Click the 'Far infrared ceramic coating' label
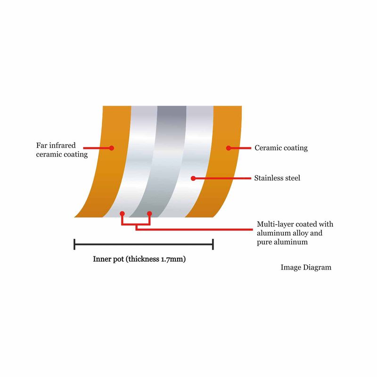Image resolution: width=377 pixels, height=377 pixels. click(x=62, y=150)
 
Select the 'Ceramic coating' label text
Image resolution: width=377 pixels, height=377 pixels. click(x=281, y=148)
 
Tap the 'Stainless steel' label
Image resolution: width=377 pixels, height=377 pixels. click(x=277, y=178)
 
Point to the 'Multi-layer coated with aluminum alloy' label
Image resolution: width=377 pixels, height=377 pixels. click(x=295, y=229)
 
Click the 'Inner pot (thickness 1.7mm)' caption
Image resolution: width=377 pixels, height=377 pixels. click(x=139, y=259)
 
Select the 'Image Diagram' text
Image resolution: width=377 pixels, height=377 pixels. click(x=306, y=267)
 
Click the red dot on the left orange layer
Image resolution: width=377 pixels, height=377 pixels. click(x=111, y=148)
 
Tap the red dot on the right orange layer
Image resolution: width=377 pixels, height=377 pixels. click(x=229, y=148)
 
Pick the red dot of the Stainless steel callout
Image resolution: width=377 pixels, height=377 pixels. click(x=193, y=179)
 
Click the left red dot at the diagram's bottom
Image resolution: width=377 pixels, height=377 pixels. click(x=122, y=213)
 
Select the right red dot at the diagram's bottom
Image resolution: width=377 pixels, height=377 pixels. click(x=149, y=213)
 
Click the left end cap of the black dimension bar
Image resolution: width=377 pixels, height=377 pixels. click(x=74, y=244)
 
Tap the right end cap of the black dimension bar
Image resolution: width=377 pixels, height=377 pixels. click(x=213, y=244)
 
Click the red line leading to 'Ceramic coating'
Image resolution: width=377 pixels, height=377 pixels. click(x=241, y=148)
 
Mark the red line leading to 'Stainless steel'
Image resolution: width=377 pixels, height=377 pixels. click(x=223, y=179)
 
